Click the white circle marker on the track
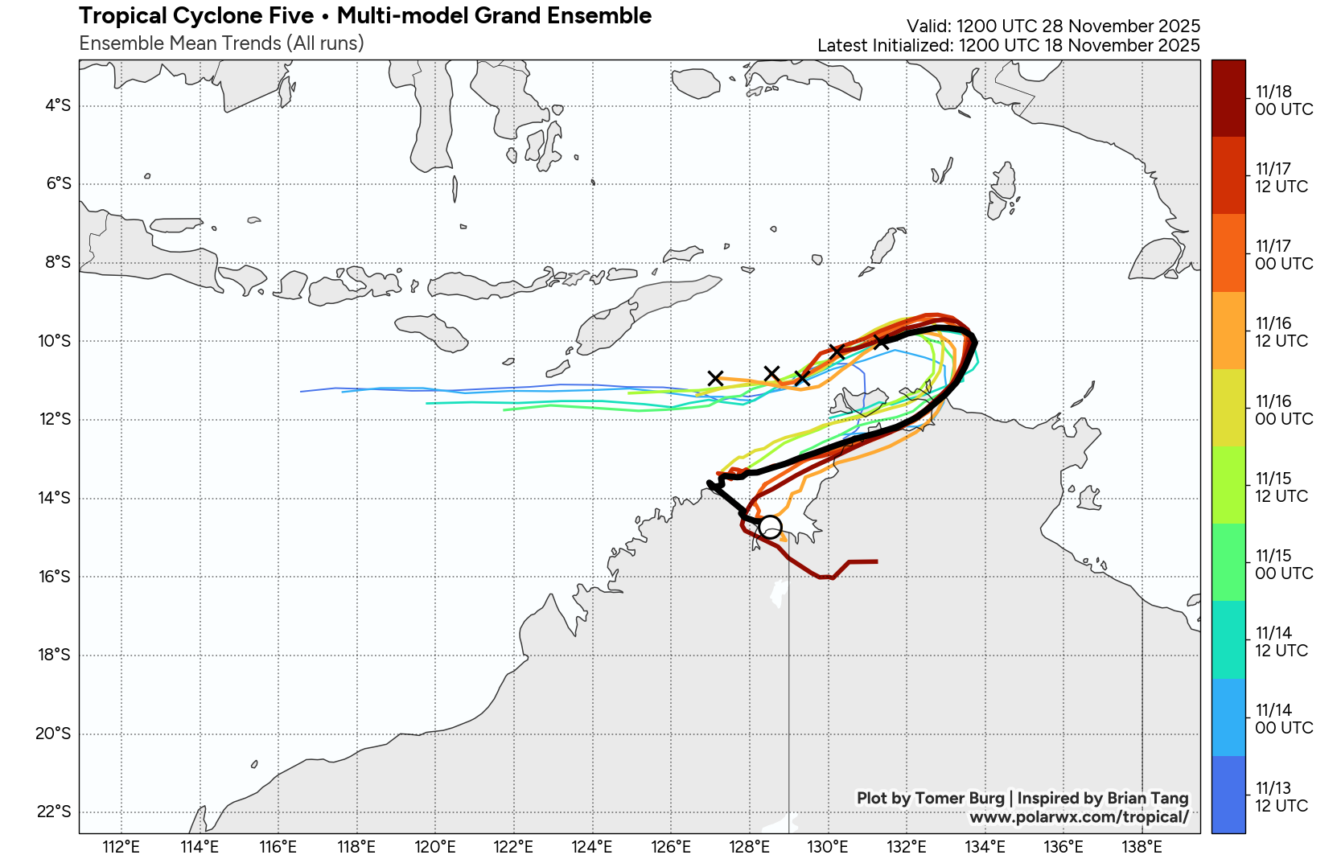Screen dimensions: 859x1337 (x=770, y=527)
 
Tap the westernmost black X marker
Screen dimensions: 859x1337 (x=715, y=378)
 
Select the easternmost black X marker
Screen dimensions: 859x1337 (x=882, y=342)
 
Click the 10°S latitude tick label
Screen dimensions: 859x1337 (x=54, y=341)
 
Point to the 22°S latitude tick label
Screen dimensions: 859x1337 (x=54, y=812)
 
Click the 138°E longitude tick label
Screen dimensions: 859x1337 (x=1142, y=846)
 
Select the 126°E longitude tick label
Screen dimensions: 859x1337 (x=671, y=846)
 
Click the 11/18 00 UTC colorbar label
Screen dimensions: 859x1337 (x=1283, y=101)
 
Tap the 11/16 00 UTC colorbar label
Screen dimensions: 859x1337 (x=1283, y=410)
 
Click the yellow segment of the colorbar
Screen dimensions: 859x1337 (x=1228, y=408)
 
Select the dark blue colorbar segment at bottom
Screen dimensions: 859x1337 (x=1228, y=795)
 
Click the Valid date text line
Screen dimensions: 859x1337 (x=1053, y=27)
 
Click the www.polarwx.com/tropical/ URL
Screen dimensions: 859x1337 (x=1079, y=817)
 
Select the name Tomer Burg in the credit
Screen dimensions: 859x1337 (x=960, y=798)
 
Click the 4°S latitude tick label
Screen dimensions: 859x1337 (x=58, y=105)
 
